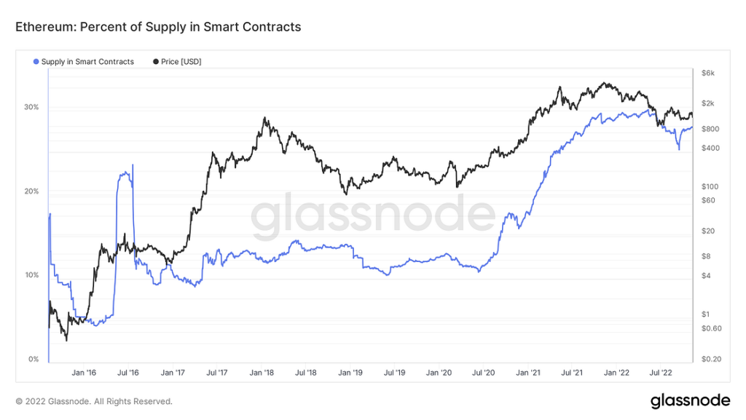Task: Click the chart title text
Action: click(x=158, y=27)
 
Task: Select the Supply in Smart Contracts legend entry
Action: click(x=87, y=62)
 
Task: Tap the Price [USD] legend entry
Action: click(x=181, y=62)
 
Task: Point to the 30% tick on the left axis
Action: click(x=31, y=107)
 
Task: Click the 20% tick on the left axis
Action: click(x=31, y=191)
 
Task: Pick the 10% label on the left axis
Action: click(x=31, y=275)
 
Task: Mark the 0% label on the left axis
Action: click(x=34, y=360)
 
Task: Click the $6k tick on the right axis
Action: click(x=709, y=73)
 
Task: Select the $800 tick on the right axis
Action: click(x=710, y=129)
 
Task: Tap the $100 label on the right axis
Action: click(x=710, y=186)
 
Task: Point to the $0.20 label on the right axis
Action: click(x=711, y=360)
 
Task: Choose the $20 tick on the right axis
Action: click(x=708, y=231)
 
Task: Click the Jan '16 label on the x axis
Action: click(x=84, y=372)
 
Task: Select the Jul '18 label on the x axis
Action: click(x=306, y=372)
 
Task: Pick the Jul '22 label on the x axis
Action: click(x=661, y=372)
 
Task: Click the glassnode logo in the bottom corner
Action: click(x=689, y=401)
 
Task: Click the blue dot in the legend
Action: click(x=36, y=62)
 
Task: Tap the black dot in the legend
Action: click(x=156, y=62)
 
